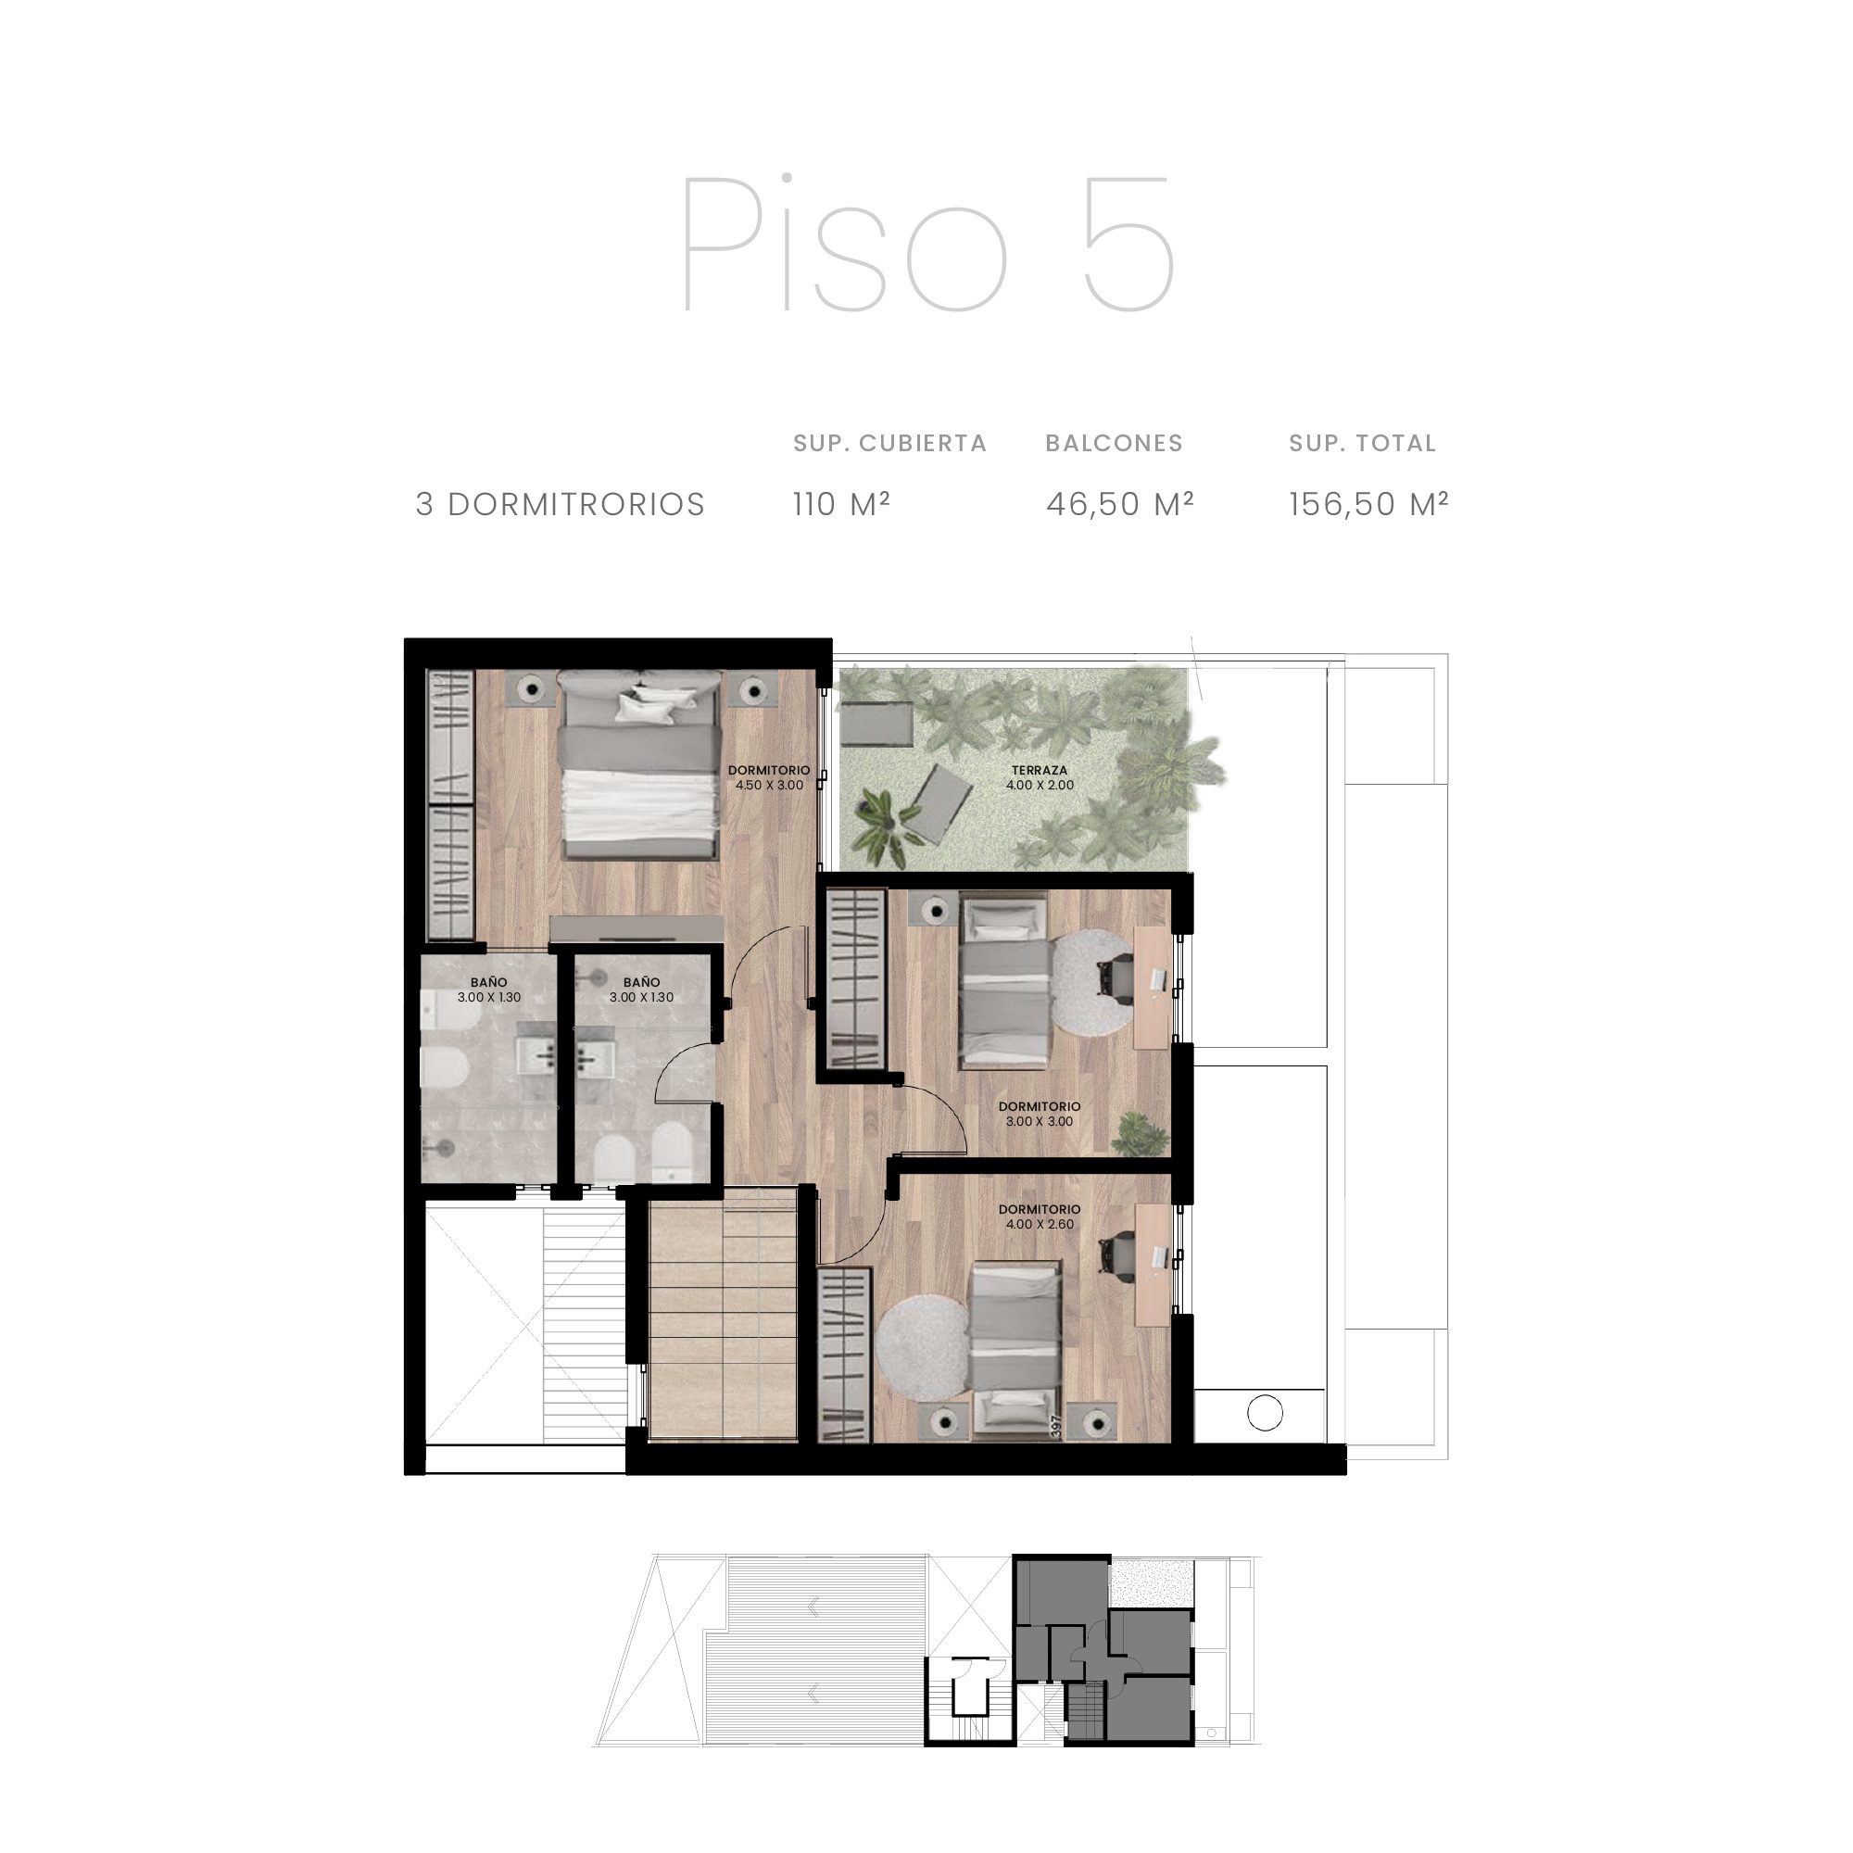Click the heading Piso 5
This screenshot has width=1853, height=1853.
[x=927, y=244]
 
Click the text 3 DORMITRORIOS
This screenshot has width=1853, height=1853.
[x=561, y=505]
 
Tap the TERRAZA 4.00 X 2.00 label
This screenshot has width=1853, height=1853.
[x=1040, y=778]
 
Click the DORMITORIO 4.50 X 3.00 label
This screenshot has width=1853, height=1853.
[x=769, y=778]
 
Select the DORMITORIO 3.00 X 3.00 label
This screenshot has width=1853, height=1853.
[x=1040, y=1114]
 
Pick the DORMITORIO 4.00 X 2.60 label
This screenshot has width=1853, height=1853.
[x=1040, y=1217]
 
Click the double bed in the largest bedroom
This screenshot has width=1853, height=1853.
[x=638, y=765]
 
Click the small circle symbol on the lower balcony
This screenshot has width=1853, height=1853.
[x=1265, y=1413]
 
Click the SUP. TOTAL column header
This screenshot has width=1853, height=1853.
[x=1362, y=443]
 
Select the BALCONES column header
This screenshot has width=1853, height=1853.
[x=1115, y=443]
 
